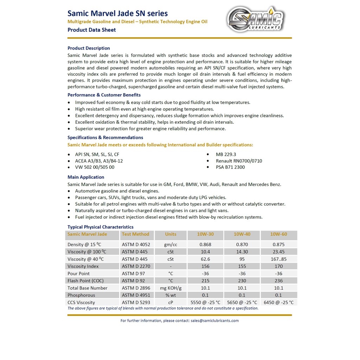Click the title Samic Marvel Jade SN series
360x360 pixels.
point(117,13)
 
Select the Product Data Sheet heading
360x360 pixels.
point(91,30)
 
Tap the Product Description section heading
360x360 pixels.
point(89,48)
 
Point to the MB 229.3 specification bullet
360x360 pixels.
point(226,154)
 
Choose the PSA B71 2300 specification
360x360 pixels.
point(230,167)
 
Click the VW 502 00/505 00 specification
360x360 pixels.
point(95,167)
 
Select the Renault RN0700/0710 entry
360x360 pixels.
point(239,161)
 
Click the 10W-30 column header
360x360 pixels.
point(205,234)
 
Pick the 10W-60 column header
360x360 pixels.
point(278,234)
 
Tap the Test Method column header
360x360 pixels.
point(135,234)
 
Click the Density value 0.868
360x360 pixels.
point(205,244)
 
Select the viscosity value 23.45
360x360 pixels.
point(278,252)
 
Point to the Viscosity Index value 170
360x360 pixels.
point(278,266)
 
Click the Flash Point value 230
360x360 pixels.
point(242,281)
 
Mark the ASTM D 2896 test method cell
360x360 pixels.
point(136,288)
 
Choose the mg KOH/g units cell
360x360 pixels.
point(171,288)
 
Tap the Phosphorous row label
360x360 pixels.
point(81,295)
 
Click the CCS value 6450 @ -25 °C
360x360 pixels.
point(278,302)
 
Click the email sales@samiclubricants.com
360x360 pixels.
point(214,321)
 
